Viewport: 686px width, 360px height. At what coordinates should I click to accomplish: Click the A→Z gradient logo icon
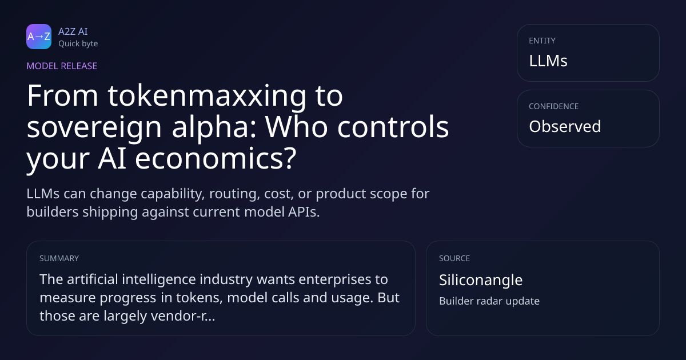click(39, 37)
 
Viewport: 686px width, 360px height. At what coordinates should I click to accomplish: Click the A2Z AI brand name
click(73, 31)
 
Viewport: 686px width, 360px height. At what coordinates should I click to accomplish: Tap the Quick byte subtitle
click(78, 44)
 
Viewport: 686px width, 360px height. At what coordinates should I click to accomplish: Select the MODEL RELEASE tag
click(62, 66)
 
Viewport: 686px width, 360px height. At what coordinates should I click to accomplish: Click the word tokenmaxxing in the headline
click(207, 97)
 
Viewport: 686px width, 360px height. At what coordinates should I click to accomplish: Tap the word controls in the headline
click(393, 126)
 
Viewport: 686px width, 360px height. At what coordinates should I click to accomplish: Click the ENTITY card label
click(542, 41)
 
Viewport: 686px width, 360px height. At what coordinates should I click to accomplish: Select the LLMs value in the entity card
click(548, 61)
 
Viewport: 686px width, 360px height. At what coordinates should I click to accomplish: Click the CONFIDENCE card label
click(554, 106)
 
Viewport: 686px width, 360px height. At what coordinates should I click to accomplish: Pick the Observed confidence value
click(565, 126)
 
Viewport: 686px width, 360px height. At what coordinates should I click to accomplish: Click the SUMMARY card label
click(59, 258)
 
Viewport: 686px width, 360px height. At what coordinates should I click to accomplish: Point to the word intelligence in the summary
click(159, 280)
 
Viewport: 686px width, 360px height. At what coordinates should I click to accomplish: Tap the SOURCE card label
click(454, 258)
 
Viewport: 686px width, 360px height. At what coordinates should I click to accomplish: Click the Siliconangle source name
click(481, 280)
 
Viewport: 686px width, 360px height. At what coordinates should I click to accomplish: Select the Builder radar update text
click(489, 301)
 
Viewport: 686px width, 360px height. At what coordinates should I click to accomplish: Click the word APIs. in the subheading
click(304, 212)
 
